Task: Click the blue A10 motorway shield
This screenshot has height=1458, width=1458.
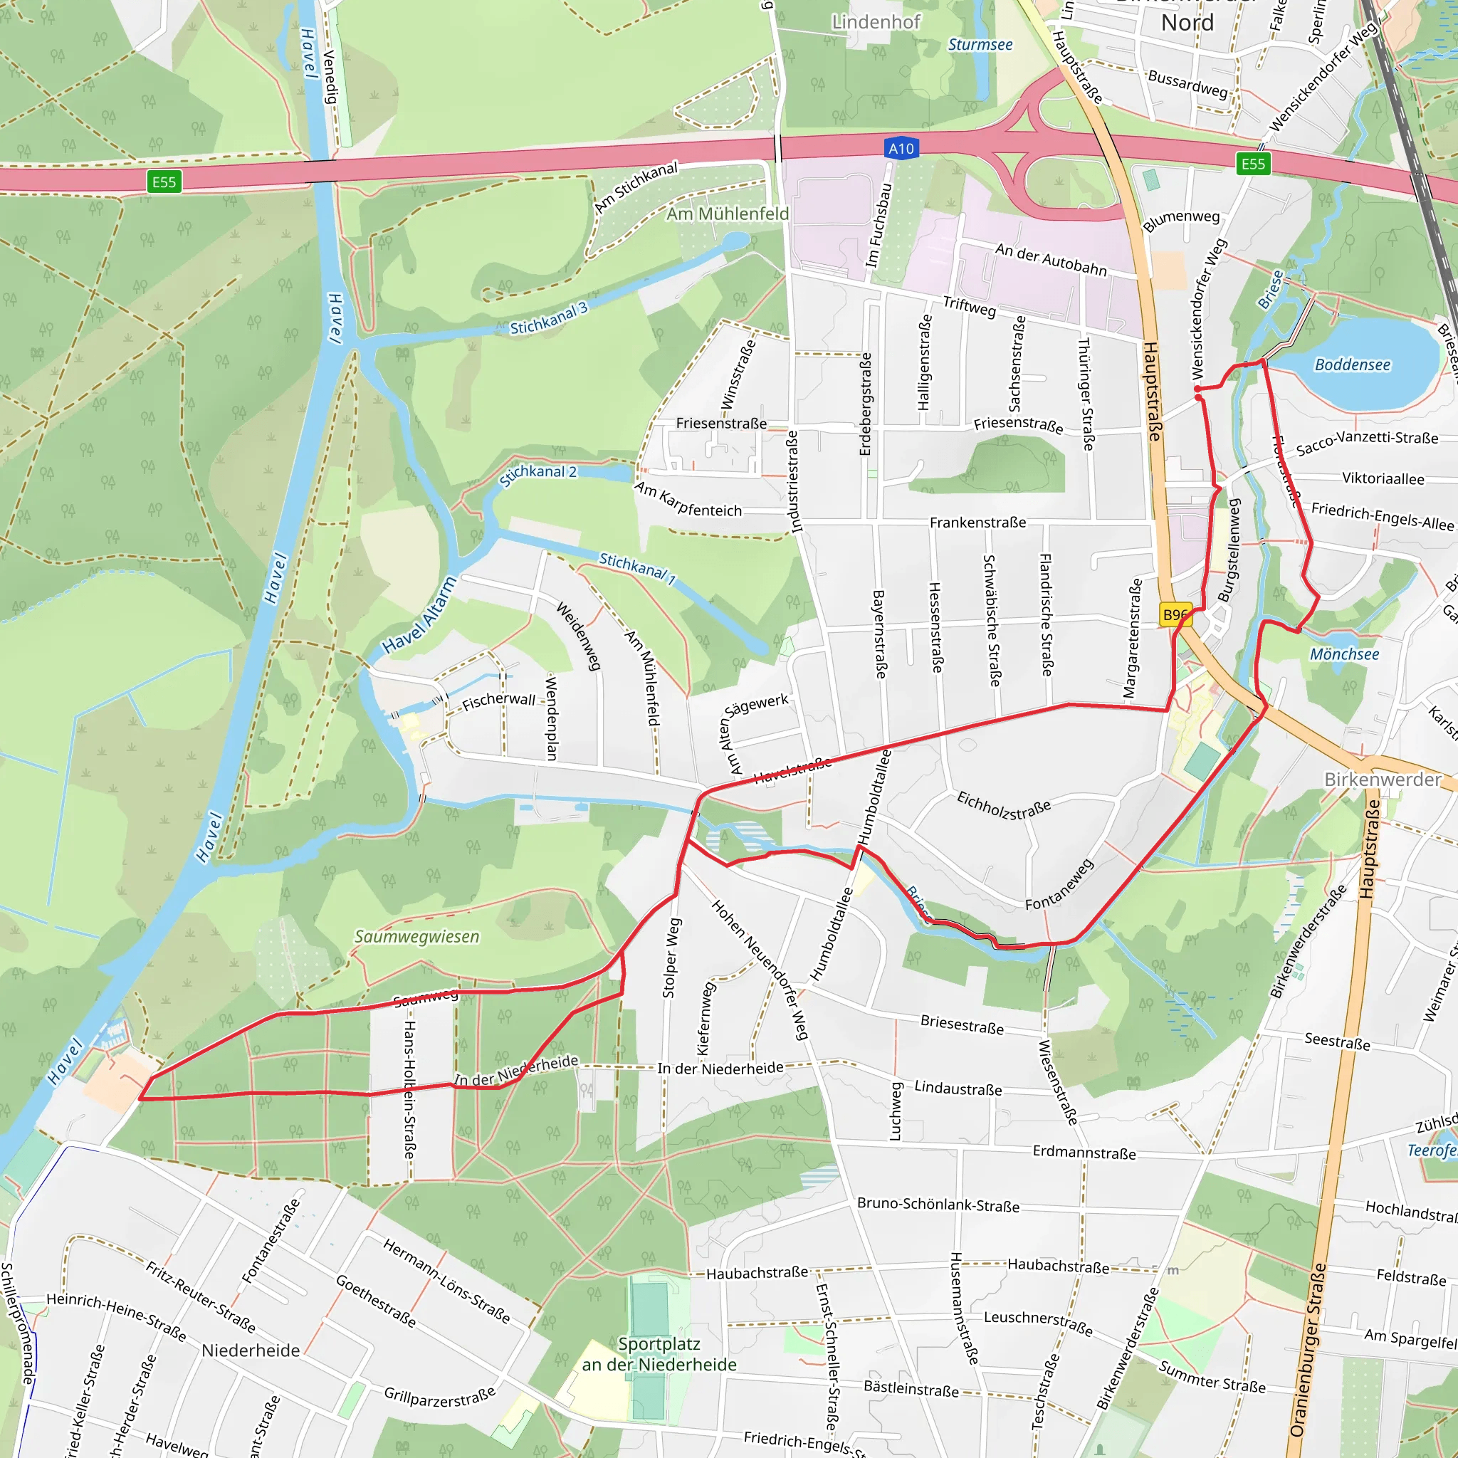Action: pos(901,149)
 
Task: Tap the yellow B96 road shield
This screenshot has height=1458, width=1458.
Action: pos(1175,615)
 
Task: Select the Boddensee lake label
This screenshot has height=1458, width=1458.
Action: pos(1353,365)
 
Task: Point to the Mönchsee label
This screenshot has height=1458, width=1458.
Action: pos(1344,654)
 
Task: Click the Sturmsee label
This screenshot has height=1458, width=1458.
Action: pos(980,46)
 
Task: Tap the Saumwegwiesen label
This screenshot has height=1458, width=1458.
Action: pos(416,937)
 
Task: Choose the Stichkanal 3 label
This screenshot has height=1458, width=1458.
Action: pos(549,318)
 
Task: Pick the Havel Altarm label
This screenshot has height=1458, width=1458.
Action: pos(419,615)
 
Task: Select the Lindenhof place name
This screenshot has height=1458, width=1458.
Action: pos(876,22)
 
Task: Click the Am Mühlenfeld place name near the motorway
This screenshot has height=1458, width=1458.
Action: pos(727,214)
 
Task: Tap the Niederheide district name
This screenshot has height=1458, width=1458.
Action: pos(251,1350)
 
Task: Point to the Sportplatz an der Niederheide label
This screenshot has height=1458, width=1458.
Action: pos(659,1354)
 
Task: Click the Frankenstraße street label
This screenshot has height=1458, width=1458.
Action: pos(977,523)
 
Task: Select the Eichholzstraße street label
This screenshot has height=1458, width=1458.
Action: pos(1004,805)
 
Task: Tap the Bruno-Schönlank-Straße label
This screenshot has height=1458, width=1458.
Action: pos(938,1205)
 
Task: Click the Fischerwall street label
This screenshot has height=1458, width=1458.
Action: pos(498,701)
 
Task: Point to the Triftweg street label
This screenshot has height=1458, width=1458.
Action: pos(969,305)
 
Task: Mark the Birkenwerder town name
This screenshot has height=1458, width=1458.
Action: pos(1383,780)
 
